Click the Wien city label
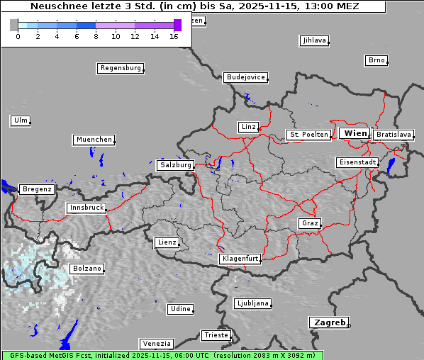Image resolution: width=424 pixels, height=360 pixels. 355,133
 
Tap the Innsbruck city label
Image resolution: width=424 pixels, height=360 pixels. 87,208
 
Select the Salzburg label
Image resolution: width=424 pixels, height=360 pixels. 176,165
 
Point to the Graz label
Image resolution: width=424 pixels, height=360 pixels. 309,223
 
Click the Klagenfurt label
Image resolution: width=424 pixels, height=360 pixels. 240,259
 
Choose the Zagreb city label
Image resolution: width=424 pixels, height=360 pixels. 329,322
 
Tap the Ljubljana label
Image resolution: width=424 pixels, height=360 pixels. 252,303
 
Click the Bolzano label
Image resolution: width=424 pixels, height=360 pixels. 87,269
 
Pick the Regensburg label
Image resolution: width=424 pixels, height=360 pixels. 120,69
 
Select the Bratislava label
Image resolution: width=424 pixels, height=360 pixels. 394,135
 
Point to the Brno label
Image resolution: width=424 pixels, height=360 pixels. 376,60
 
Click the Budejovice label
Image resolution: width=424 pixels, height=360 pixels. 245,77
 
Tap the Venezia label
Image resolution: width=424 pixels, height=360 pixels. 156,344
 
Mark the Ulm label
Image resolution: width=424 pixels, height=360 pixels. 21,120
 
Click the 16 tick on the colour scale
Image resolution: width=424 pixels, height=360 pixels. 174,36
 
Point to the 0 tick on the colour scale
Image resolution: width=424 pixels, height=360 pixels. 18,36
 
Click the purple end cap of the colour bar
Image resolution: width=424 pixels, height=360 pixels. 177,25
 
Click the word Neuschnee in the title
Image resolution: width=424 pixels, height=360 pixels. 54,6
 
